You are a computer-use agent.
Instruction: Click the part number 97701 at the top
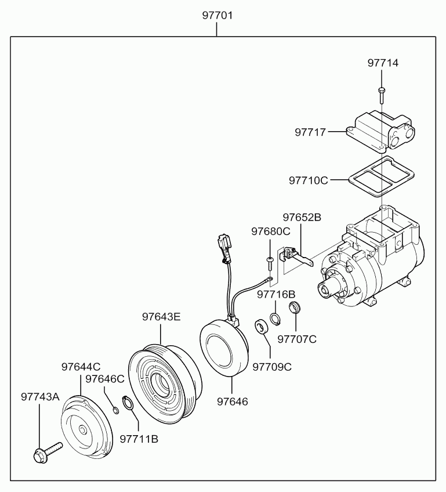[217, 15]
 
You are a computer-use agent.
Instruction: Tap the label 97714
[383, 63]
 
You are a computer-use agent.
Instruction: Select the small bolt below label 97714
[382, 95]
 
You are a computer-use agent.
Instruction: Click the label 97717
[310, 132]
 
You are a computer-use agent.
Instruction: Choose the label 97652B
[302, 218]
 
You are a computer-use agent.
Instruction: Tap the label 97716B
[276, 295]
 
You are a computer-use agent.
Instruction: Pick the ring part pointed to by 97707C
[295, 307]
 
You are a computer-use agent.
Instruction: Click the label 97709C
[272, 367]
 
